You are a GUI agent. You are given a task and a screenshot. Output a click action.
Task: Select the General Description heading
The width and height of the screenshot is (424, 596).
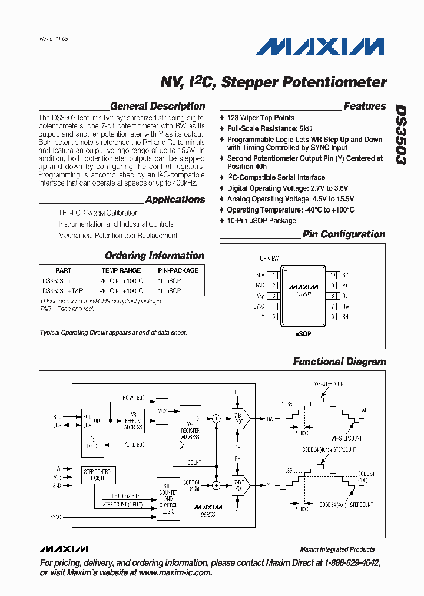157,107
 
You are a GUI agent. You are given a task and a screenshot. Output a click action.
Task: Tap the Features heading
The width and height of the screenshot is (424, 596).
365,107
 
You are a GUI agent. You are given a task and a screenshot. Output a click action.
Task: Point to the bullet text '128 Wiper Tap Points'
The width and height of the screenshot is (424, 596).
261,118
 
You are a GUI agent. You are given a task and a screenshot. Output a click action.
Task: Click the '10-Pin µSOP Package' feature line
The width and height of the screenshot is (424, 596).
261,221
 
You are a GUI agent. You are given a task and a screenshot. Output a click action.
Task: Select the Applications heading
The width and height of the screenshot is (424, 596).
175,200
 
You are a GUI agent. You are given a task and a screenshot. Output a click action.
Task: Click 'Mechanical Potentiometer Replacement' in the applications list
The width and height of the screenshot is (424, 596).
118,236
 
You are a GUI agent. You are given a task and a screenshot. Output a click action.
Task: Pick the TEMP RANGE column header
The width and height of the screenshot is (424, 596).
121,270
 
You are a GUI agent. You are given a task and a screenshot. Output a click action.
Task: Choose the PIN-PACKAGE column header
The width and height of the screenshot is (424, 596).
178,270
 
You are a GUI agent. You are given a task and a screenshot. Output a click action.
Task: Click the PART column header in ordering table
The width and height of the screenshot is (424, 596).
63,270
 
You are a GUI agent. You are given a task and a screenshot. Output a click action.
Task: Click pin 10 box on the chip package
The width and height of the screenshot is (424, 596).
333,275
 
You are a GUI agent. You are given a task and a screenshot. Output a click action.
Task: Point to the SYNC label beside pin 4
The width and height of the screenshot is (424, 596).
259,306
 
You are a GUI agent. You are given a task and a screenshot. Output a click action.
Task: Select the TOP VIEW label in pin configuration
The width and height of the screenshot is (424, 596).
268,259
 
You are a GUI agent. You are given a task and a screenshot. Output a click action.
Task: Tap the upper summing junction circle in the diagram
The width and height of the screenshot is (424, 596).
216,419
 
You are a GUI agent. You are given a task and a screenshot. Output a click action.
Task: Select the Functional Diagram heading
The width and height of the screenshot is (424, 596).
339,362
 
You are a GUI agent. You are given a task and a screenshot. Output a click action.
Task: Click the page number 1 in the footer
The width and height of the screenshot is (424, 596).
382,549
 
